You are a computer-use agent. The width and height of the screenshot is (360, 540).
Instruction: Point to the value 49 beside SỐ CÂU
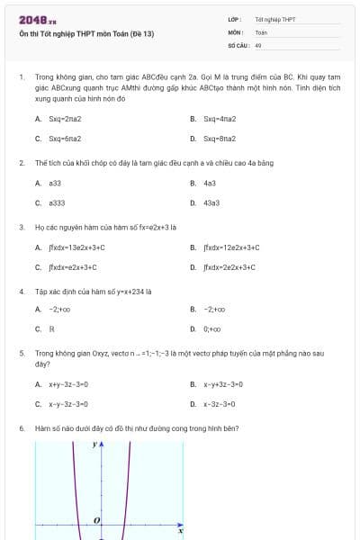pyautogui.click(x=258, y=44)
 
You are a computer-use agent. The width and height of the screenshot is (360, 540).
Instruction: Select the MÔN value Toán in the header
pyautogui.click(x=261, y=31)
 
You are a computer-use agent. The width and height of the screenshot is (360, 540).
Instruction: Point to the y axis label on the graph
pyautogui.click(x=94, y=445)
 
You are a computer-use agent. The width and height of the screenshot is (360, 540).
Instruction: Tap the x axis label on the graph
pyautogui.click(x=180, y=531)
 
